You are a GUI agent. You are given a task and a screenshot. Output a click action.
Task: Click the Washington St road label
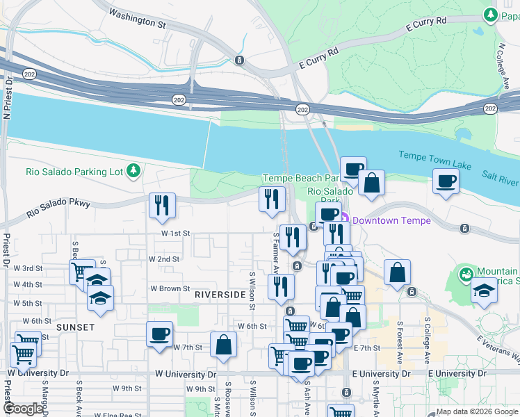point(138,18)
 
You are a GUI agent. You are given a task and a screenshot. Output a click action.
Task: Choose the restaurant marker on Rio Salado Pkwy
point(162,205)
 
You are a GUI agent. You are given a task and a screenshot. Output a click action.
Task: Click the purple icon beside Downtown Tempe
point(345,220)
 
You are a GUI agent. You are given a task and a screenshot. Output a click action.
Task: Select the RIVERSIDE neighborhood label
point(220,295)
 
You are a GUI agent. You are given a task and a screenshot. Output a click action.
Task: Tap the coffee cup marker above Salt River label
point(446,181)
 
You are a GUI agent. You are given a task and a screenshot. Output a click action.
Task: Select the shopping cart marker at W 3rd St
point(81,272)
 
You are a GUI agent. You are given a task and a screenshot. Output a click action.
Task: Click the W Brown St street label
point(170,288)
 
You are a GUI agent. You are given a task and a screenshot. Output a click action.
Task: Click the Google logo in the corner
point(24,409)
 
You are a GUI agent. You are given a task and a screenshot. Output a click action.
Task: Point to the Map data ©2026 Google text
point(476,411)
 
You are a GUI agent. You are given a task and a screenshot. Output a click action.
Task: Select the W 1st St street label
point(177,234)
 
